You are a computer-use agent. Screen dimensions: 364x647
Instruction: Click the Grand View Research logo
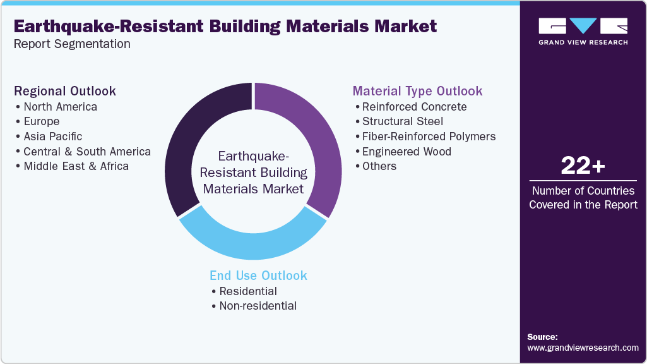tap(583, 31)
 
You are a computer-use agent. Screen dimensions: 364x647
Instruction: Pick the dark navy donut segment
tap(186, 145)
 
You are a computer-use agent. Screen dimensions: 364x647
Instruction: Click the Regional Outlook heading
tap(65, 91)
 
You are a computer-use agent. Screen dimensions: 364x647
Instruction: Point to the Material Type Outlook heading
tap(417, 91)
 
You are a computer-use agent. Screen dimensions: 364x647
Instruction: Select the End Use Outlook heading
tap(258, 276)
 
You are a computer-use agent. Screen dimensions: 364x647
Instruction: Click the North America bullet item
tap(60, 106)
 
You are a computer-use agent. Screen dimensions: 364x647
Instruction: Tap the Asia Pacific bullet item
tap(52, 136)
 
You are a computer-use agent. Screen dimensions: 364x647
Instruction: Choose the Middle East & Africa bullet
tap(76, 166)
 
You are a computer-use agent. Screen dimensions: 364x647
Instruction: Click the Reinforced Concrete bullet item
tap(414, 106)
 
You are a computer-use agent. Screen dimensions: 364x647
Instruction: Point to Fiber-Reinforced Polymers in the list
tap(429, 136)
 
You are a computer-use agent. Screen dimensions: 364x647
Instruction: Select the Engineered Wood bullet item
tap(407, 151)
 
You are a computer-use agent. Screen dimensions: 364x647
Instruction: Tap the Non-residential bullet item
tap(258, 306)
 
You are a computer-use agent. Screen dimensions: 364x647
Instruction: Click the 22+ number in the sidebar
tap(583, 166)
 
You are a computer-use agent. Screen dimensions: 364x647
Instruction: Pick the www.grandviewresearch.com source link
tap(583, 348)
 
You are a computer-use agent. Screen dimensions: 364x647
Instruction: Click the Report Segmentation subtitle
tap(72, 44)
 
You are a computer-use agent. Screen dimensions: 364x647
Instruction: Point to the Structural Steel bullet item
tap(402, 121)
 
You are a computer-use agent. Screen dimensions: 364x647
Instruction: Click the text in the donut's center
tap(253, 172)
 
